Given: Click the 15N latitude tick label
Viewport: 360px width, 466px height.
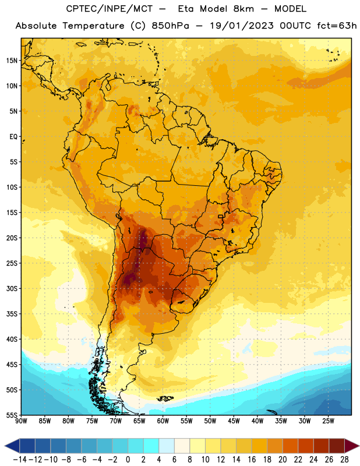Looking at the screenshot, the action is [x=12, y=61].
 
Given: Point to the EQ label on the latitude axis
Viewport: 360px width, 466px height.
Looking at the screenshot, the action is [x=13, y=137].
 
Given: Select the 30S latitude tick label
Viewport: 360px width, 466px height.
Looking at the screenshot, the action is [x=12, y=288].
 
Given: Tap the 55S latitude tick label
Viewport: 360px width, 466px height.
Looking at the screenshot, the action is [x=12, y=415].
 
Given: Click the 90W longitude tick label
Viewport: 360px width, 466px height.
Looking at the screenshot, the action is [x=21, y=421].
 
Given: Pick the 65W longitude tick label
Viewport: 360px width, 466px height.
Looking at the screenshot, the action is [x=139, y=421].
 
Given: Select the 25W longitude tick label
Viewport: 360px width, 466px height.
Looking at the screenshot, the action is [x=328, y=421].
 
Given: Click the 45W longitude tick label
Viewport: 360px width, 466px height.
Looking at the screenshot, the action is [x=234, y=421].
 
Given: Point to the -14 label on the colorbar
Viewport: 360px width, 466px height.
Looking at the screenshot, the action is [x=20, y=460].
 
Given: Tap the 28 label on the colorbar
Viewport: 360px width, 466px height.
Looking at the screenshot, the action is [x=344, y=460].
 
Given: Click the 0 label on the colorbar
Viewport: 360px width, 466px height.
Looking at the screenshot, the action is [x=128, y=460].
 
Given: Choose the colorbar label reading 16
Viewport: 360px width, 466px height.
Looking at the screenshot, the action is [x=252, y=460].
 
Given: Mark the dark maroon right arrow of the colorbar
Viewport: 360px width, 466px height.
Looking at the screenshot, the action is [x=351, y=446].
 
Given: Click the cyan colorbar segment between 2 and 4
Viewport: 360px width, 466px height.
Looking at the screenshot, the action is [x=151, y=446].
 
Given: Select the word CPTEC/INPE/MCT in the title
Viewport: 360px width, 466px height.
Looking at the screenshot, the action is [x=109, y=9].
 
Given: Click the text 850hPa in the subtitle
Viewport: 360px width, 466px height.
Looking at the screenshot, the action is [x=170, y=26].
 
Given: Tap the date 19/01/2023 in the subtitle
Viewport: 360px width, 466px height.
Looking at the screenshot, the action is [x=242, y=26].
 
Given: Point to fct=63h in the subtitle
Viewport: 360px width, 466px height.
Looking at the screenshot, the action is [x=337, y=26].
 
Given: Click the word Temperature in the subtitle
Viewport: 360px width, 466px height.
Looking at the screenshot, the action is [x=93, y=26].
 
